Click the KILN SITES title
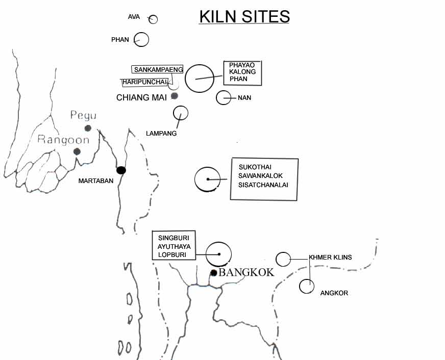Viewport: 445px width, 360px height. [x=244, y=16]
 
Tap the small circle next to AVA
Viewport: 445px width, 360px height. [x=153, y=19]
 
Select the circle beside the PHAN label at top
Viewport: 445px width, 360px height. [x=141, y=39]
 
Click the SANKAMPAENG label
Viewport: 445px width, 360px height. [x=158, y=70]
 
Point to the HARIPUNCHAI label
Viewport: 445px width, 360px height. [x=145, y=82]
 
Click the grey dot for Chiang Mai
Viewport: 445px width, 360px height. [x=175, y=96]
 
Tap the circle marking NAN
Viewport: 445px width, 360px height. [x=224, y=97]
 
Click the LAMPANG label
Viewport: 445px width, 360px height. [x=161, y=134]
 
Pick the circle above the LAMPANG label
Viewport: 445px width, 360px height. [x=181, y=113]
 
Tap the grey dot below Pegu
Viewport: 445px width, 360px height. [x=88, y=128]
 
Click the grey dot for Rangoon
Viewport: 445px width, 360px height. [x=77, y=151]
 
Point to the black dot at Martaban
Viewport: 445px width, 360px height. [x=121, y=170]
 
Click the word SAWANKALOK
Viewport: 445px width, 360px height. [x=260, y=176]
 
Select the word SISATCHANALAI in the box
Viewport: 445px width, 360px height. [x=263, y=185]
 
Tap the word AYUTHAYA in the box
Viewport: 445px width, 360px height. [x=174, y=246]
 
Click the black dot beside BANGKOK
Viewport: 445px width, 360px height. [x=214, y=273]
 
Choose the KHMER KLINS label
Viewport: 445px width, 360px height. [x=330, y=258]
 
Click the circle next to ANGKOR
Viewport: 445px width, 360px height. [x=306, y=286]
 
